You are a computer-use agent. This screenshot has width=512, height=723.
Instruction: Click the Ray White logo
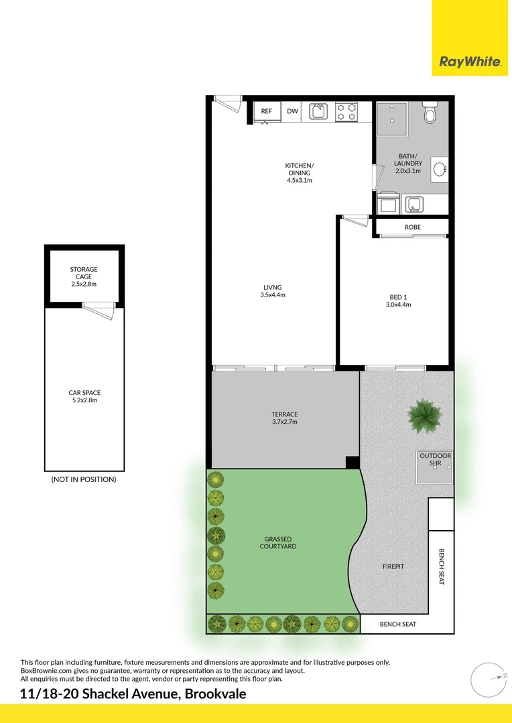[470, 62]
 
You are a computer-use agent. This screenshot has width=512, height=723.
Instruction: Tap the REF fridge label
[266, 111]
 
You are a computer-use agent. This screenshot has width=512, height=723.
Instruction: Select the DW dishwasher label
[292, 111]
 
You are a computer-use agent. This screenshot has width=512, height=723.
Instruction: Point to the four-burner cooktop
[346, 111]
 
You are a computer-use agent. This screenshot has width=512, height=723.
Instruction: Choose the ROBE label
[413, 227]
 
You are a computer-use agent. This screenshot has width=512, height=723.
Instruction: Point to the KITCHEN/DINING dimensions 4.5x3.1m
[300, 180]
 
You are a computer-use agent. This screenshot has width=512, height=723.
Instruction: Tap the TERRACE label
[284, 414]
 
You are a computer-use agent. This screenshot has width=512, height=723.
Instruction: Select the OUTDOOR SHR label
[435, 459]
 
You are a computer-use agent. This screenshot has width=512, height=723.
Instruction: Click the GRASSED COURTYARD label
[278, 542]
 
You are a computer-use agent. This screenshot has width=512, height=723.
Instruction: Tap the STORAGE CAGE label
[84, 273]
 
